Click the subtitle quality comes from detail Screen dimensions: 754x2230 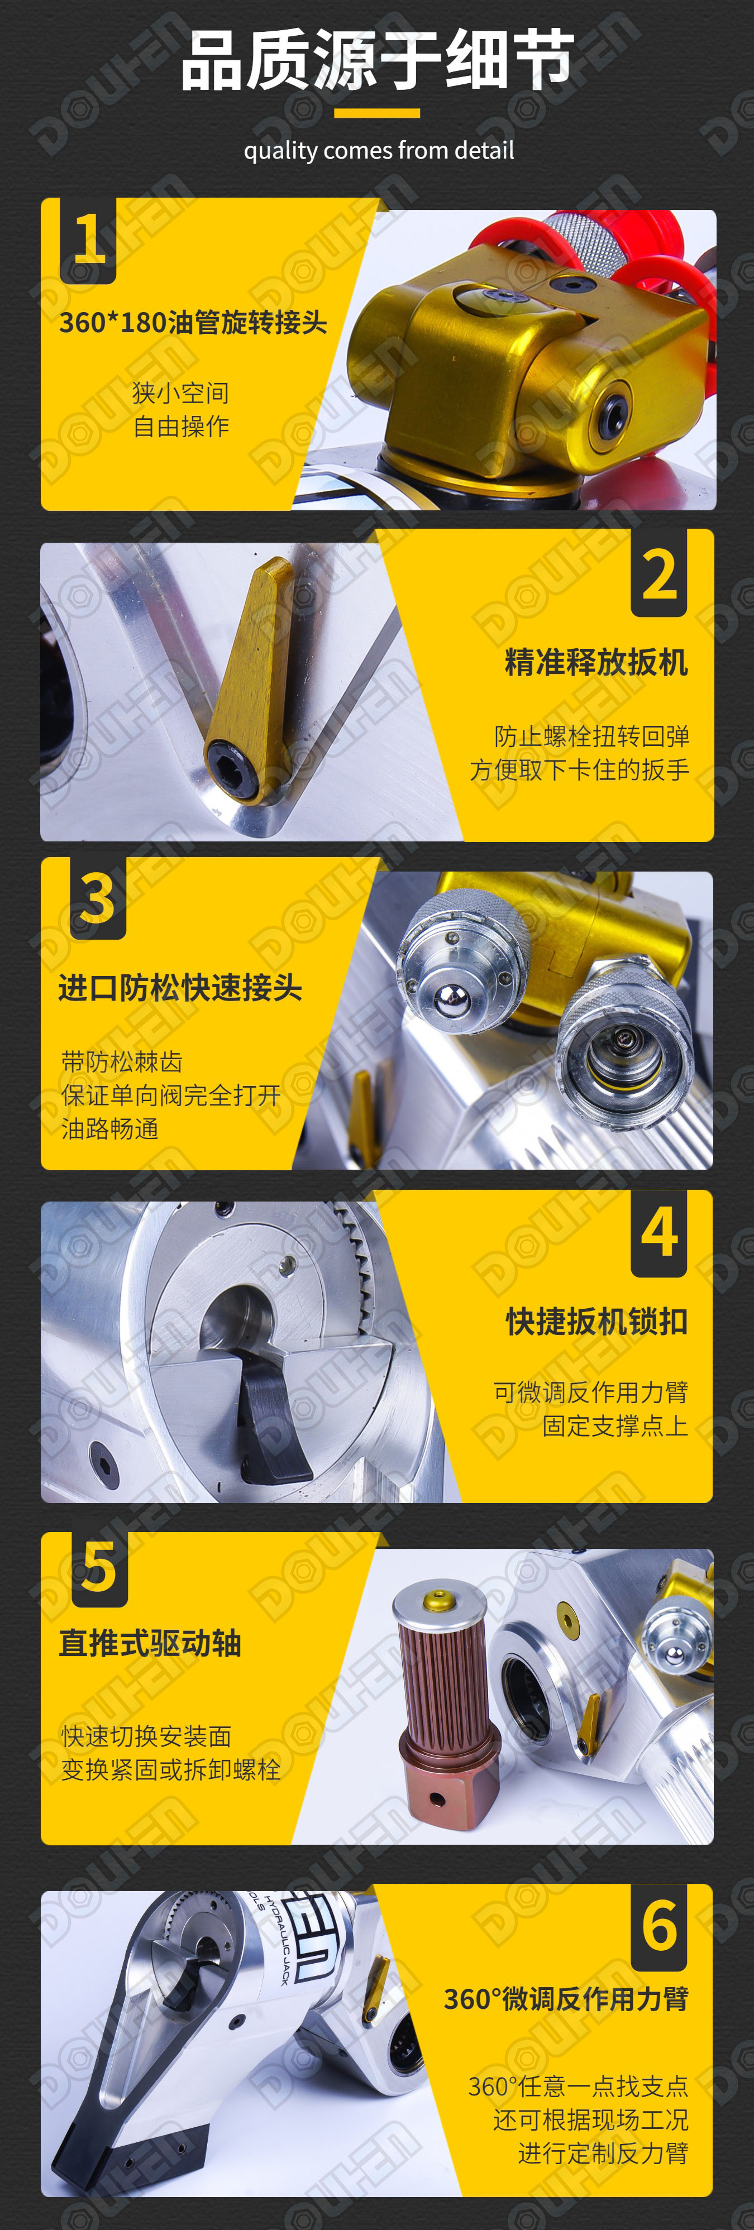tap(378, 151)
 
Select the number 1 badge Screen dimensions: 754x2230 tap(88, 240)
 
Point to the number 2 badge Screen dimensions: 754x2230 tap(659, 573)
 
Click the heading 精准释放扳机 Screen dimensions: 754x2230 tap(596, 662)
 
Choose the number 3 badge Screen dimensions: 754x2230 tap(98, 898)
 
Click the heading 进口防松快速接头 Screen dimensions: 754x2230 tap(180, 987)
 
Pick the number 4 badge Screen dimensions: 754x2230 tap(659, 1233)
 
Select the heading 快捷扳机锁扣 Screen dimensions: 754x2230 tap(597, 1322)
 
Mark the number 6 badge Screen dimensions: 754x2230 tap(659, 1926)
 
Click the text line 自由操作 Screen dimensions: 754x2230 tap(181, 426)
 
